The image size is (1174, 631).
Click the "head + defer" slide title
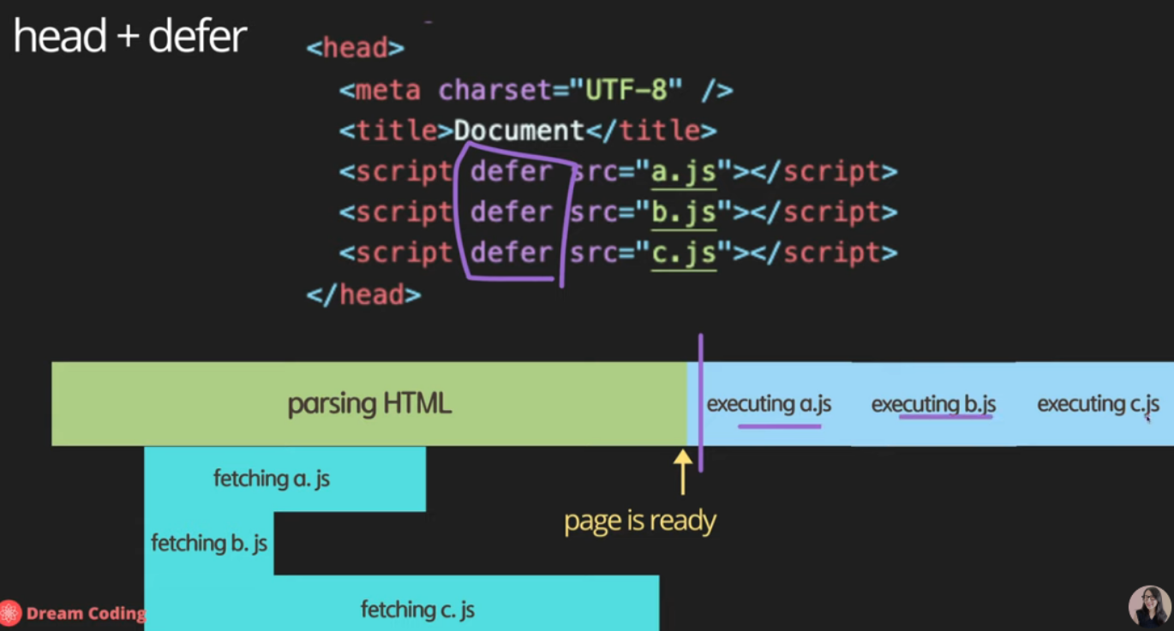point(130,37)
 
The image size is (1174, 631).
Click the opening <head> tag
point(355,48)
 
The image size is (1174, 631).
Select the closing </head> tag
point(363,295)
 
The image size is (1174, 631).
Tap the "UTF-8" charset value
point(633,90)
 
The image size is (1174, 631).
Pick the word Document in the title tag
point(518,131)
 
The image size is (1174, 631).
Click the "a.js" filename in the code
point(683,172)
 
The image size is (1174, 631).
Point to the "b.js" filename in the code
point(683,212)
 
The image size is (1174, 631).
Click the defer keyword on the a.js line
point(512,172)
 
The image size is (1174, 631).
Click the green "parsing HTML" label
point(369,404)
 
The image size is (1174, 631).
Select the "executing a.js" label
point(769,404)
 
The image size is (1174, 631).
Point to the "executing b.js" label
point(933,404)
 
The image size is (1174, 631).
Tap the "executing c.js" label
point(1098,404)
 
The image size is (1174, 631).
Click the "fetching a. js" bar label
point(272,479)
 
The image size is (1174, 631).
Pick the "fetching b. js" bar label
point(209,543)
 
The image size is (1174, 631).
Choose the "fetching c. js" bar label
point(417,610)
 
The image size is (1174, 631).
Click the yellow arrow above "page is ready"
point(682,471)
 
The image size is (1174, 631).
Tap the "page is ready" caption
point(639,521)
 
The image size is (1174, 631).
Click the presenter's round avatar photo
point(1149,607)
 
